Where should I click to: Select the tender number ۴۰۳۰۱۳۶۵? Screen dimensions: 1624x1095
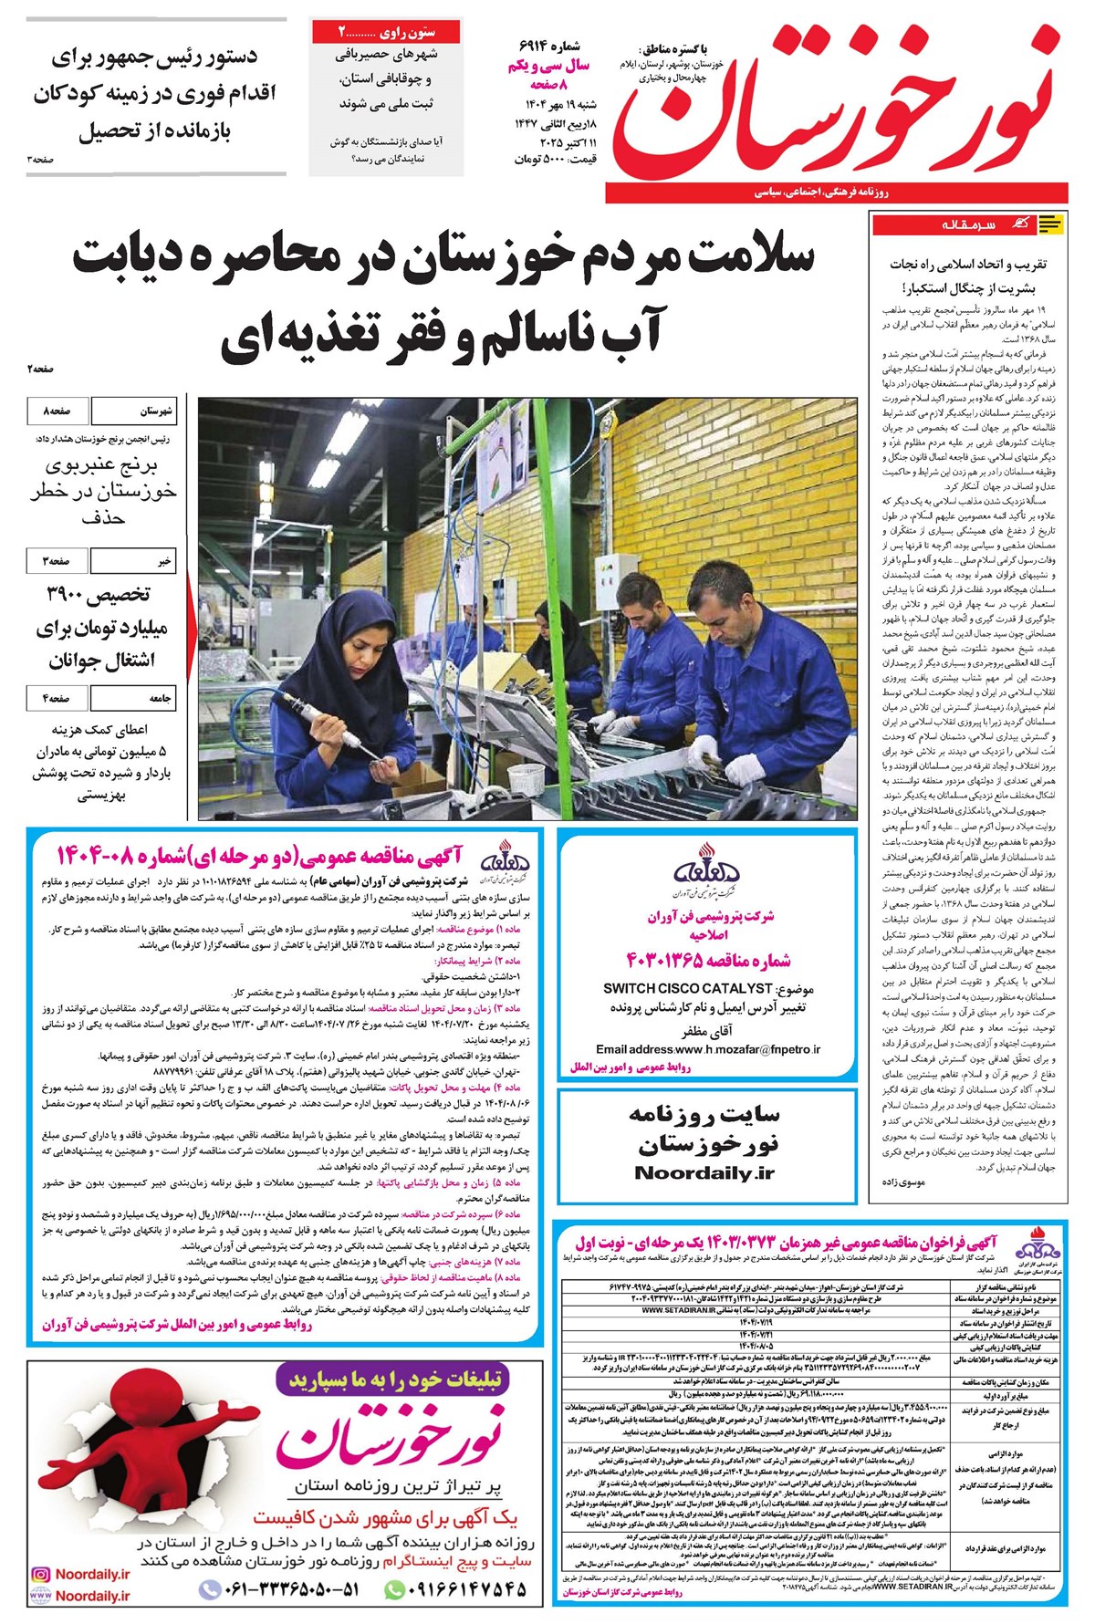coord(708,960)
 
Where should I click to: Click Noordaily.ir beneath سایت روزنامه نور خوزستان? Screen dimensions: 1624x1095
coord(704,1173)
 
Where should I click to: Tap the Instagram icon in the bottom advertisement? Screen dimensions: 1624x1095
coord(39,1574)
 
